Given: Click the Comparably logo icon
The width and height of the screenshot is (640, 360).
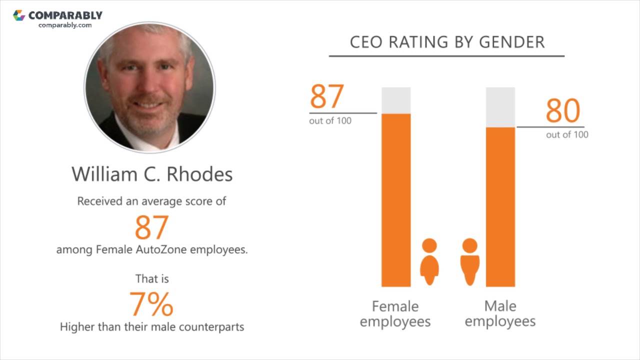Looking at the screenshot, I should pyautogui.click(x=19, y=15).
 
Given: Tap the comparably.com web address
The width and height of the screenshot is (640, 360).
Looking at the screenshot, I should pyautogui.click(x=65, y=25).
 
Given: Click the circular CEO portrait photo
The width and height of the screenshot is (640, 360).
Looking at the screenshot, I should pyautogui.click(x=149, y=87).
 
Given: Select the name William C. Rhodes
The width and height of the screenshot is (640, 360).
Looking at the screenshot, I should pyautogui.click(x=152, y=174).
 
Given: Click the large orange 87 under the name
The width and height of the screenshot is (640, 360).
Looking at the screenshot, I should pyautogui.click(x=151, y=227).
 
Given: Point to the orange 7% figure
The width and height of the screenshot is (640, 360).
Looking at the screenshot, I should pyautogui.click(x=151, y=304).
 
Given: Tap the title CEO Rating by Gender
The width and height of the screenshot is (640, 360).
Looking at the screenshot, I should pyautogui.click(x=447, y=42).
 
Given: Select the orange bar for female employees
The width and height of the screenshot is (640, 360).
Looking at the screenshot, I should pyautogui.click(x=396, y=200).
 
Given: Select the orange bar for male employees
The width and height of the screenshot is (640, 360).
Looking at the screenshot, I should pyautogui.click(x=500, y=207).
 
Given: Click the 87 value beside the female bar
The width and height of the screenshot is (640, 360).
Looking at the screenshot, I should pyautogui.click(x=327, y=97).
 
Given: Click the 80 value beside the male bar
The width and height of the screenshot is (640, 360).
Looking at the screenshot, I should pyautogui.click(x=562, y=111).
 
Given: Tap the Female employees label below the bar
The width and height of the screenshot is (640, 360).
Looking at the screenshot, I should pyautogui.click(x=395, y=313).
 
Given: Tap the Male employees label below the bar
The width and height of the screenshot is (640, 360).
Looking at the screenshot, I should pyautogui.click(x=500, y=313).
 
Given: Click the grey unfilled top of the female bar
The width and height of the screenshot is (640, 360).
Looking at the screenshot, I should pyautogui.click(x=396, y=100).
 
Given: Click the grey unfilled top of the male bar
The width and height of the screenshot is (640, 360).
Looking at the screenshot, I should pyautogui.click(x=500, y=107).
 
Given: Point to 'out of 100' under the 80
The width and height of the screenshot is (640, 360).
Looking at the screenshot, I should pyautogui.click(x=567, y=134).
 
